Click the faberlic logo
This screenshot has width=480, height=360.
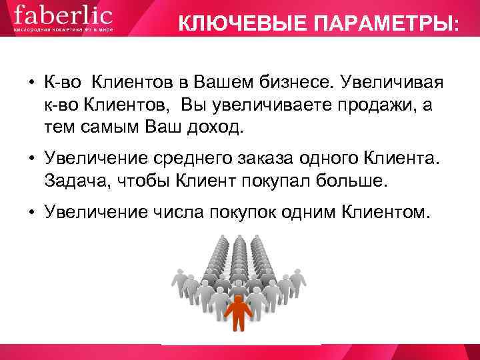tap(63, 15)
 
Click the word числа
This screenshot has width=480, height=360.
tap(179, 211)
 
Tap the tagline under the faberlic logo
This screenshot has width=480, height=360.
tap(63, 30)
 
